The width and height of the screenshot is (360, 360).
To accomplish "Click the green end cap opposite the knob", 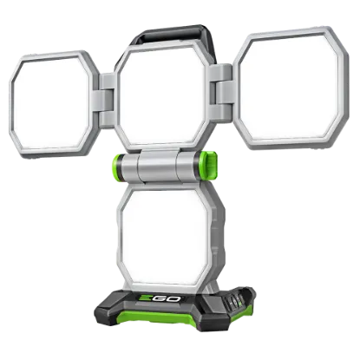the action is click(117, 164).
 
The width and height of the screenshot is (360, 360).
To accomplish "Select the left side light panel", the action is click(54, 104).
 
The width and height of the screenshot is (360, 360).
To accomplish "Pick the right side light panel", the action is click(291, 88).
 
